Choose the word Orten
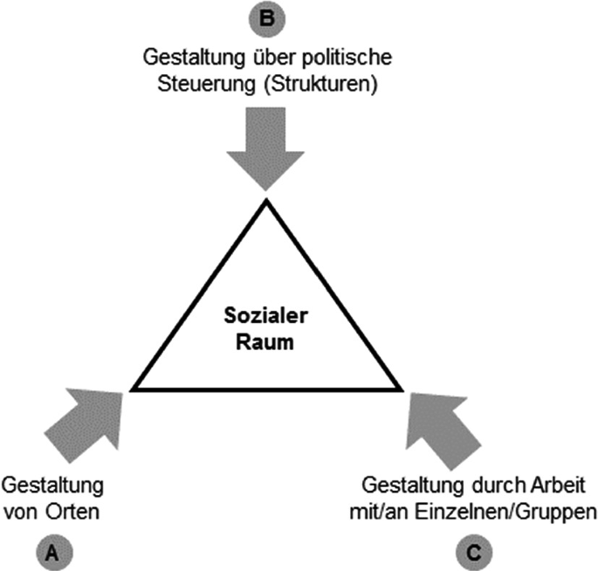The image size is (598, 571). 77,512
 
